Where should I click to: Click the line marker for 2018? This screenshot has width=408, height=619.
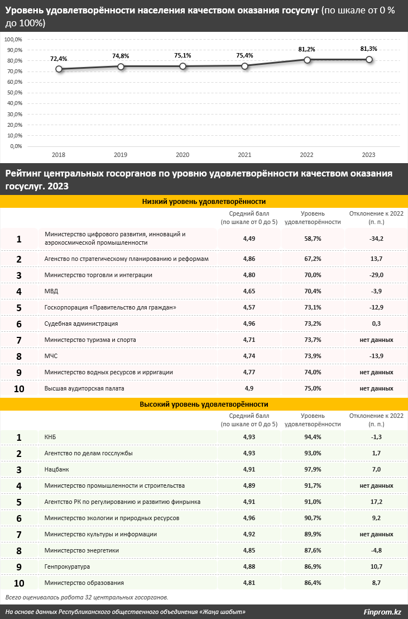tap(59, 69)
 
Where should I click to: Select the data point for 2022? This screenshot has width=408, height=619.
tap(307, 60)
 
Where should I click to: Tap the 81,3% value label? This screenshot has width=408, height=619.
tap(369, 49)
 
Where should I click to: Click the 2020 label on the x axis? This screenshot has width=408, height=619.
tap(183, 155)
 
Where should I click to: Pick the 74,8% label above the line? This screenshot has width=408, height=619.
tap(121, 56)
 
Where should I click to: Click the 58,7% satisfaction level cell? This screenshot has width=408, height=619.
tap(313, 239)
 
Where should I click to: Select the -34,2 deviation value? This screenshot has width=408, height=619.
tap(376, 239)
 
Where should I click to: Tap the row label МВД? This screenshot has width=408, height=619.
tap(51, 291)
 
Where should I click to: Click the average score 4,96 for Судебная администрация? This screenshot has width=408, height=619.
tap(248, 323)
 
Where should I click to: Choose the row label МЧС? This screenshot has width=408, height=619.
tap(51, 356)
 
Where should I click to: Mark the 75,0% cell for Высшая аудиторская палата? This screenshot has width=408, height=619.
tap(313, 388)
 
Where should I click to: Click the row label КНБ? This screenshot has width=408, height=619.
tap(50, 437)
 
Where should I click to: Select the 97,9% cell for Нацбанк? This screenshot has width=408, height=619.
tap(313, 469)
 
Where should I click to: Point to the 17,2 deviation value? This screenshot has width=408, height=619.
tap(376, 502)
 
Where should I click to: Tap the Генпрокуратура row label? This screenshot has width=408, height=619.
tap(67, 566)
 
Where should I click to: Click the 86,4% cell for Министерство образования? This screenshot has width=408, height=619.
tap(313, 583)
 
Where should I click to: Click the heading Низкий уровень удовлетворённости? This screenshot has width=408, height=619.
tap(204, 201)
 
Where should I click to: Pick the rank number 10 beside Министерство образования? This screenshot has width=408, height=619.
tap(19, 583)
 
